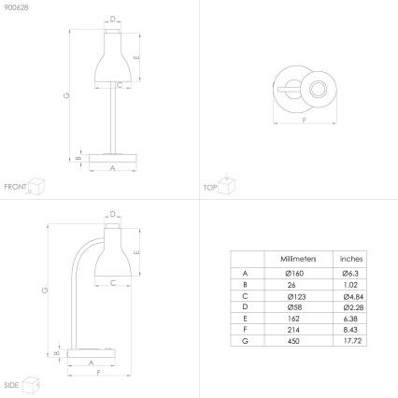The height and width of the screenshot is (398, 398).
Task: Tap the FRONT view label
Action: (x=15, y=187)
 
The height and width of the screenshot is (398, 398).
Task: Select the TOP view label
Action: (x=210, y=187)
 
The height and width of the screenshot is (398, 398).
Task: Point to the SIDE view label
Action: (x=11, y=385)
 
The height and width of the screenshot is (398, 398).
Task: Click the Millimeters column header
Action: (x=299, y=258)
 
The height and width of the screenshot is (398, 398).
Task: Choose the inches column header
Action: (x=350, y=258)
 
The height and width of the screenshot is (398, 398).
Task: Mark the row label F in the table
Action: (x=245, y=331)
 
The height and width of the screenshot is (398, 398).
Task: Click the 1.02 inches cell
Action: (x=350, y=283)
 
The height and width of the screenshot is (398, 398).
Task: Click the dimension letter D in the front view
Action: (x=113, y=18)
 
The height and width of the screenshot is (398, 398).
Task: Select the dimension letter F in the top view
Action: (x=305, y=121)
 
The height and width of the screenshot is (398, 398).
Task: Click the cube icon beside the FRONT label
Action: (x=37, y=184)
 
